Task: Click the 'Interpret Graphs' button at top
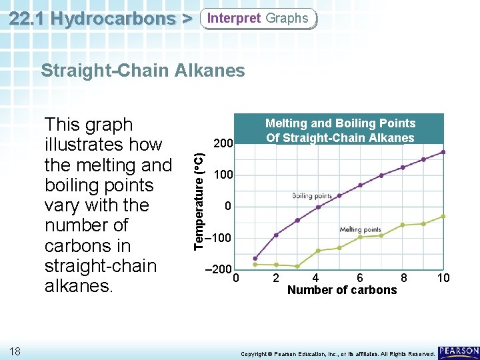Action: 258,18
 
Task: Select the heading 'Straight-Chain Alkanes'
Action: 143,70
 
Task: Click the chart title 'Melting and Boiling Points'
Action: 340,123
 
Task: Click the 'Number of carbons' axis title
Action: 341,290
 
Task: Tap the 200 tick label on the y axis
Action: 223,143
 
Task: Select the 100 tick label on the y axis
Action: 223,175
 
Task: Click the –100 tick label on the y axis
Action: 219,238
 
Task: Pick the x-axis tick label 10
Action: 443,278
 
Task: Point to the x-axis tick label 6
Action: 360,278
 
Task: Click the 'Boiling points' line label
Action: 311,196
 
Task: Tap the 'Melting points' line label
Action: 360,229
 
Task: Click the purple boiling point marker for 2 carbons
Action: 276,235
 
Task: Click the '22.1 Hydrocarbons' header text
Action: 93,18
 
